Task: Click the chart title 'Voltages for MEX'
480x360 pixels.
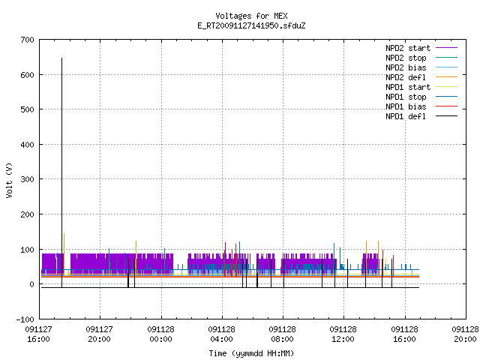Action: (x=251, y=16)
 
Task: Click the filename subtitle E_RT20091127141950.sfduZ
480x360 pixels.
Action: (x=251, y=25)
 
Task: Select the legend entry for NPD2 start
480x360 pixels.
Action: (x=408, y=48)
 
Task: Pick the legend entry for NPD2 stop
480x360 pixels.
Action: (x=406, y=58)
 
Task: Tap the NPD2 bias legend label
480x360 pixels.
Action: (x=406, y=67)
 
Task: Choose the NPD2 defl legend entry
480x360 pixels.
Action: (x=406, y=77)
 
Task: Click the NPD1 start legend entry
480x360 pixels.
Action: (x=408, y=87)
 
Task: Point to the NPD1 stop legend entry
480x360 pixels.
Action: (x=406, y=97)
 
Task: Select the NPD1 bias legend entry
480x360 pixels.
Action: (x=406, y=106)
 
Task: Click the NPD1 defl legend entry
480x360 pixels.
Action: (x=406, y=117)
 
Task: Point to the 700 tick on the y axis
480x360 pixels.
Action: (x=27, y=40)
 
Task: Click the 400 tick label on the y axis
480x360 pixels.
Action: (x=27, y=145)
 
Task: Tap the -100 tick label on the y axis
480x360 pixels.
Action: (x=25, y=319)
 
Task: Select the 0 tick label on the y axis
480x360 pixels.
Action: (x=31, y=284)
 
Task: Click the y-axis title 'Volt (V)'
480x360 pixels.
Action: (x=9, y=180)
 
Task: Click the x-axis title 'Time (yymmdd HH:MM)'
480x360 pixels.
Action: (x=251, y=353)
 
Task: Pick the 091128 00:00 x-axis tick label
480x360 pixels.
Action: (x=160, y=334)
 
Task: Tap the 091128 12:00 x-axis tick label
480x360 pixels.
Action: (x=343, y=334)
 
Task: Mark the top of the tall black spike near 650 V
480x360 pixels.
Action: (x=61, y=58)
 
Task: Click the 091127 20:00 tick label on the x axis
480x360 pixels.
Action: (x=100, y=334)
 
